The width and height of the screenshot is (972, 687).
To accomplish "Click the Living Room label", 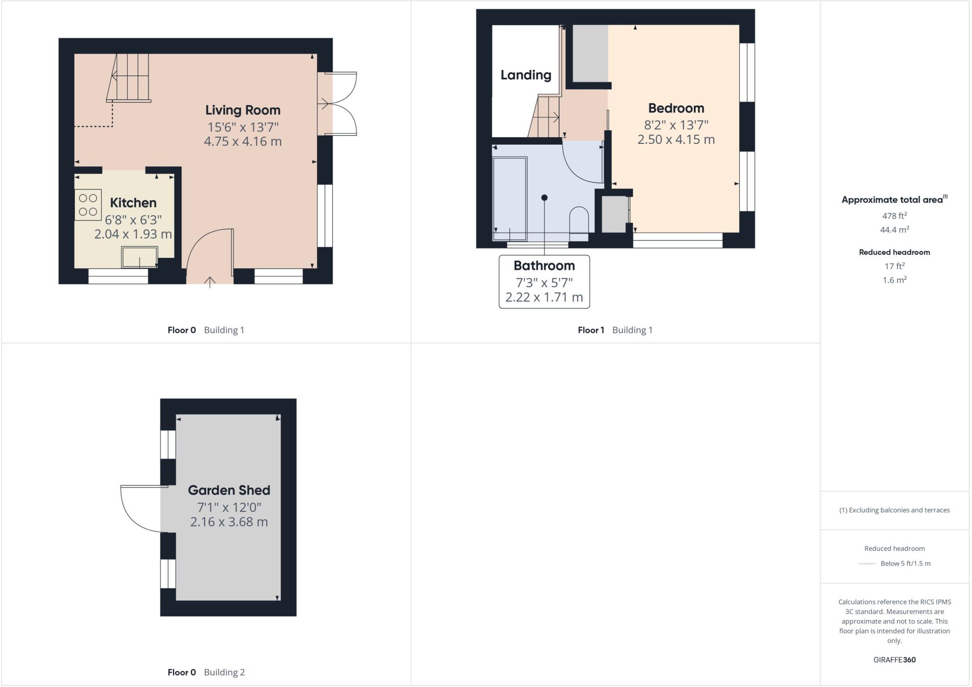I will [243, 110].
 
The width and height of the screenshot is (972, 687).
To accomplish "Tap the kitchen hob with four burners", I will [88, 205].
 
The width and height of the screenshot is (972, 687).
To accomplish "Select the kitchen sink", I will [140, 257].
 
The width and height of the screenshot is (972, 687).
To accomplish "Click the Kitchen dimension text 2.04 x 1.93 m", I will [133, 234].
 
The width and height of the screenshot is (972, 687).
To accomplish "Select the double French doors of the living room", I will [339, 104].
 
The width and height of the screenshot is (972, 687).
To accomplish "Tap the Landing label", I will [525, 75].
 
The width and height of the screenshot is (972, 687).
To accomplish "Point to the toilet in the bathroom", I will [579, 221].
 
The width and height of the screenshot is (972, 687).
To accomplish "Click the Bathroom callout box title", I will [544, 265].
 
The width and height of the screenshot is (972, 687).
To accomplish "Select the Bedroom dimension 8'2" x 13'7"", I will [676, 125].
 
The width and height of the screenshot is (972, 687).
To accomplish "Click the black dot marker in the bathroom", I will [544, 198].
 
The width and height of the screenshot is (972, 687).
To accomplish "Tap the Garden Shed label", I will [229, 490].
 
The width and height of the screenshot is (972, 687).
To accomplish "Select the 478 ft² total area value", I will [894, 216].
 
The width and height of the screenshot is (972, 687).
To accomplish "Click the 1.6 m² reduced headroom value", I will [894, 280].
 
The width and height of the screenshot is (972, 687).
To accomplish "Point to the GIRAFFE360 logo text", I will [894, 659].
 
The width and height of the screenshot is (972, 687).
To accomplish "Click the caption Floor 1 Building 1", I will [615, 330].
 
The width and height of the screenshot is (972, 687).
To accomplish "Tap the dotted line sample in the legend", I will [867, 564].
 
